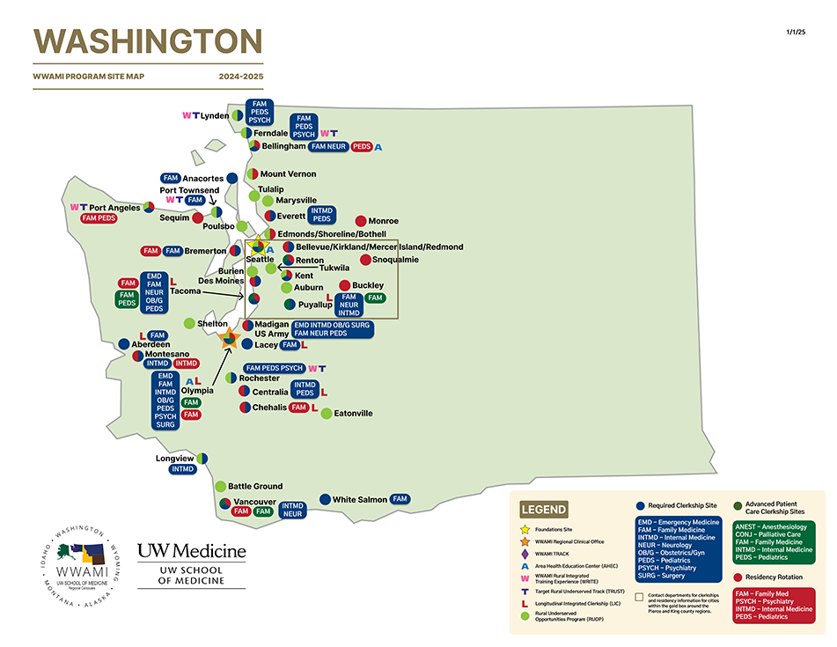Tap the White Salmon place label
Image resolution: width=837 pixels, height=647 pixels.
(x=359, y=500)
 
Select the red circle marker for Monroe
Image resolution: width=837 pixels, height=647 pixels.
(x=361, y=221)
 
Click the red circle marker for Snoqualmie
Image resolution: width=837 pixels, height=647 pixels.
(x=365, y=260)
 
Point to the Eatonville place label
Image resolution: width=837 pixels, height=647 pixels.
(x=353, y=413)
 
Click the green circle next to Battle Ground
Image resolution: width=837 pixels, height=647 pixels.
(x=220, y=486)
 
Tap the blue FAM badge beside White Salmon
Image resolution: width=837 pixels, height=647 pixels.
(x=400, y=499)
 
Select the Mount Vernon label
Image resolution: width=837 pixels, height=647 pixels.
(x=288, y=174)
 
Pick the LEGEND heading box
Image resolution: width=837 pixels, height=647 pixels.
(x=543, y=509)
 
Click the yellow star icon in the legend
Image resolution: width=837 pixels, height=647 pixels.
(x=525, y=529)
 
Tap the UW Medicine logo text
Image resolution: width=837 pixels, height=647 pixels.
(x=192, y=551)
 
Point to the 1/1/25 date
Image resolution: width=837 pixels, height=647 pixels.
(x=796, y=32)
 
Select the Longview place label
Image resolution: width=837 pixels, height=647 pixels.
(x=174, y=459)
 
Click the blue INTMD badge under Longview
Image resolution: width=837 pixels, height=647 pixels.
(x=183, y=469)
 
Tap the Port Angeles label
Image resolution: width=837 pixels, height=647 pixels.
(x=114, y=208)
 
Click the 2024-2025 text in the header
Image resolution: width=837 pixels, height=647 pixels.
(x=241, y=77)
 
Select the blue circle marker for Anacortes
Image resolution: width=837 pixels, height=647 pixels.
(x=232, y=179)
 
